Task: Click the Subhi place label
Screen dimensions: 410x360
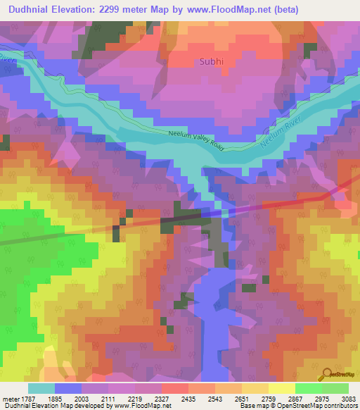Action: coord(212,61)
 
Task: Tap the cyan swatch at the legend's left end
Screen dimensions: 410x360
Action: coord(41,388)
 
